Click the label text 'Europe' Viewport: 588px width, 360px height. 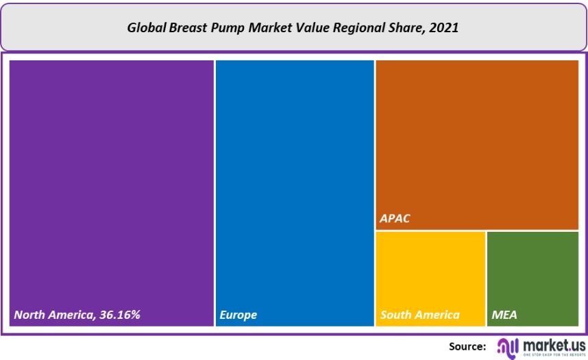click(x=238, y=315)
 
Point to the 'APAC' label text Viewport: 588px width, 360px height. click(x=395, y=219)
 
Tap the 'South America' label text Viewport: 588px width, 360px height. click(x=420, y=315)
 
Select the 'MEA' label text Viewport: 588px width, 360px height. click(x=504, y=315)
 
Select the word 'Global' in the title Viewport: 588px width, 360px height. click(x=146, y=29)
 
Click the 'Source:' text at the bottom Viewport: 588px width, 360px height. click(x=467, y=346)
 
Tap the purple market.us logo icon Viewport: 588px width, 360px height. click(x=507, y=346)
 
